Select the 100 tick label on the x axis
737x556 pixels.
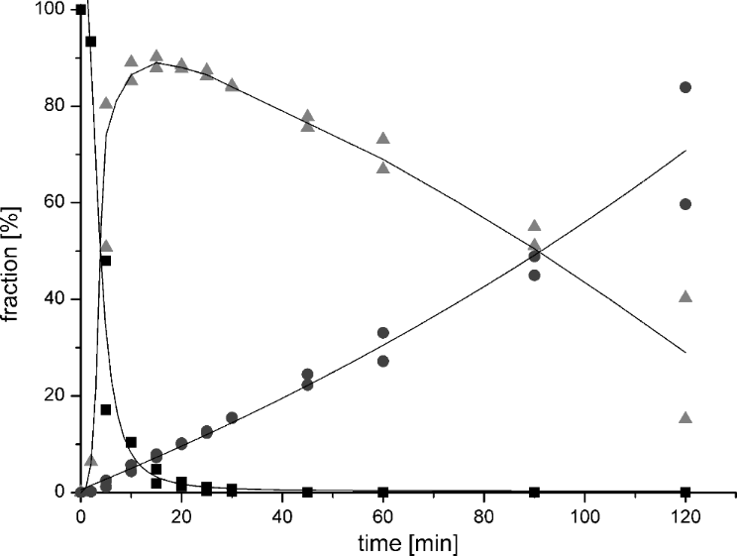583,515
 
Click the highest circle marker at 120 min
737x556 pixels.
684,87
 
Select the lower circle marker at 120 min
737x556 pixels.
684,204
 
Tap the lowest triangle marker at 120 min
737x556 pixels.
684,417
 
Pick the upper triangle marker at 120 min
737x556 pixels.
684,296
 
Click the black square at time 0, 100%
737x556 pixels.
81,10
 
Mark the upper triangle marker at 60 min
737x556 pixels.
382,138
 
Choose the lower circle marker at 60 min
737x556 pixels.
382,361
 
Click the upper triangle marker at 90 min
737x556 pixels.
534,226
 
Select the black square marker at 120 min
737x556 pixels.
684,492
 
